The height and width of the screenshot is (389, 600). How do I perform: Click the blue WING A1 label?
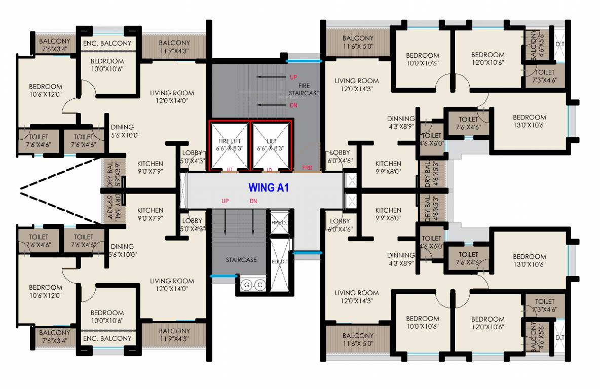pos(268,187)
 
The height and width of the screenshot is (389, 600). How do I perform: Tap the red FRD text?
pos(307,168)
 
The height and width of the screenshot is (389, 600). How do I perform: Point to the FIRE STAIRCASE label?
pos(304,89)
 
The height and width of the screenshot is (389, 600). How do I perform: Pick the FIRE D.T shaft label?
pos(279,222)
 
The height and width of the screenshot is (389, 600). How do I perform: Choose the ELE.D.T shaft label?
pos(279,262)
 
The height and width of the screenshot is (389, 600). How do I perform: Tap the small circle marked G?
pos(248,286)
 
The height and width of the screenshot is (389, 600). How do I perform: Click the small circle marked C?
pos(259,286)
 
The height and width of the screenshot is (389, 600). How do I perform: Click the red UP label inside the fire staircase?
pos(293,77)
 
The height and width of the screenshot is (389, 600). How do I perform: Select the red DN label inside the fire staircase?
pos(293,105)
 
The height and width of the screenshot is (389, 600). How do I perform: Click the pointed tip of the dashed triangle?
pos(21,190)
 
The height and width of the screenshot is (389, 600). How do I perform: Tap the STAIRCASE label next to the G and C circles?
pos(241,260)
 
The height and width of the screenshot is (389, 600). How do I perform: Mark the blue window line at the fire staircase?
pos(304,61)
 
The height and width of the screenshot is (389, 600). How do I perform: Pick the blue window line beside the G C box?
pos(224,276)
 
